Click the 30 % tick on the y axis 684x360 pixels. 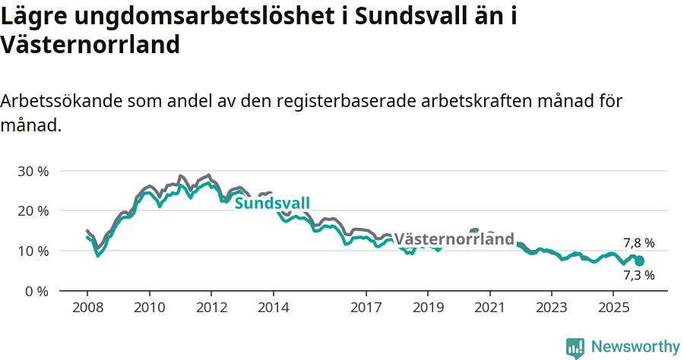[x=32, y=171]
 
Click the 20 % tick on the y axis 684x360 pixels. [x=32, y=210]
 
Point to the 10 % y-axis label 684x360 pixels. [x=32, y=251]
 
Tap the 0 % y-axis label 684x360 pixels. [x=36, y=291]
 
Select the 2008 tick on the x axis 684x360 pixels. [x=87, y=308]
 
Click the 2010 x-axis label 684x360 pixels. [x=149, y=308]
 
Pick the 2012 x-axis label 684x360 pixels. [x=211, y=308]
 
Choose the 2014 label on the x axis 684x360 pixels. [x=273, y=308]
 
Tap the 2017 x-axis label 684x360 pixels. [x=366, y=308]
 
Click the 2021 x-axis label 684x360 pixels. [x=489, y=308]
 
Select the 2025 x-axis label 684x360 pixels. [x=613, y=308]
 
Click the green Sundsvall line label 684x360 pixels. [x=272, y=204]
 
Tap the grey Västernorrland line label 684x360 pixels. [x=454, y=239]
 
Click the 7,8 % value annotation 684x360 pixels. [x=638, y=243]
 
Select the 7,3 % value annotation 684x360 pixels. [x=638, y=275]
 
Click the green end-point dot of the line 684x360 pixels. [x=639, y=261]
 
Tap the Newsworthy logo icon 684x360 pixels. [x=575, y=348]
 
